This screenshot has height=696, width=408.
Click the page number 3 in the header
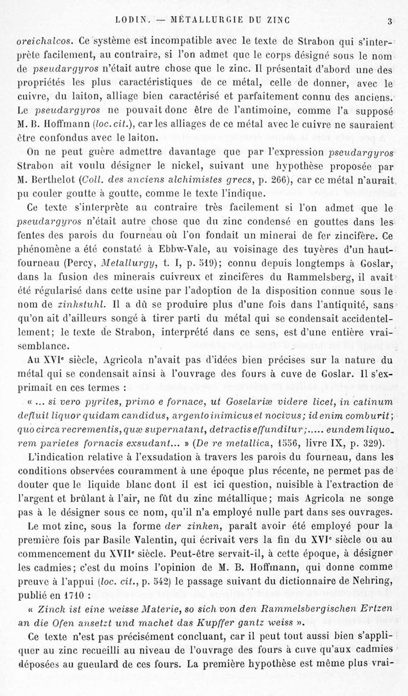click(x=389, y=21)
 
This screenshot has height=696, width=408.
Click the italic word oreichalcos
click(x=40, y=40)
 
